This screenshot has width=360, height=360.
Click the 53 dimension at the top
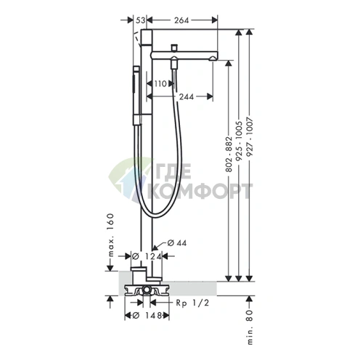(140, 20)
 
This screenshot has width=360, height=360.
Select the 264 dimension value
(181, 20)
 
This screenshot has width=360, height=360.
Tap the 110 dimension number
(160, 83)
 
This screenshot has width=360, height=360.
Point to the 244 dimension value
(187, 97)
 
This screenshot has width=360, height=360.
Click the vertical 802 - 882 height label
(229, 155)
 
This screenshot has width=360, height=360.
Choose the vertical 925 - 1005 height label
(240, 141)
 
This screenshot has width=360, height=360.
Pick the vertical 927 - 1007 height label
(250, 138)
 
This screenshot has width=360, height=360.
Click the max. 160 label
(110, 234)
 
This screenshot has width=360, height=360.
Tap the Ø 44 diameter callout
(177, 242)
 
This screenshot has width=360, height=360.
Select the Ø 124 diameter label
(147, 256)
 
